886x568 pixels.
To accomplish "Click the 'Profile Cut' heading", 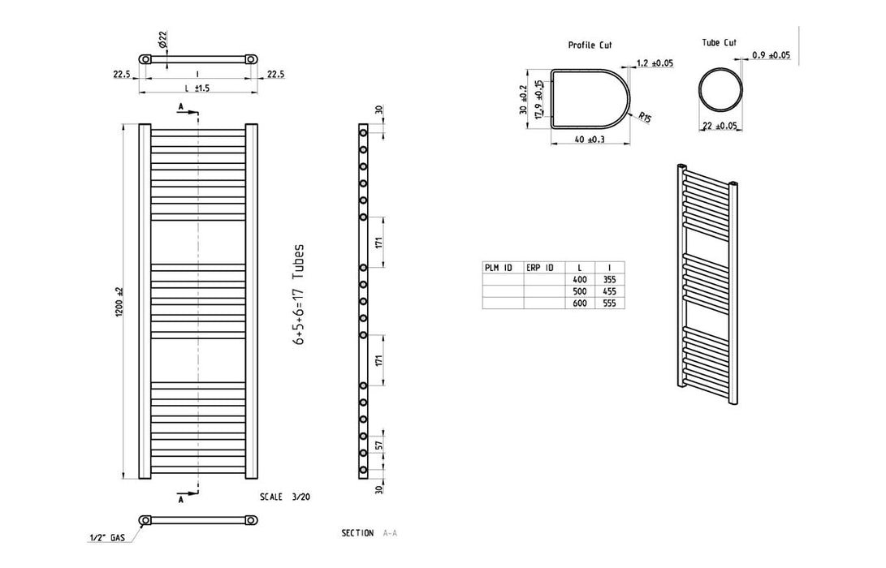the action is [590, 45].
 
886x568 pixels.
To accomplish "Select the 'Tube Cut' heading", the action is [719, 42].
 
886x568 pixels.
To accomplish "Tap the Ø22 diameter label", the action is [162, 39].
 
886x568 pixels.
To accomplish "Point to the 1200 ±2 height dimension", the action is [119, 302].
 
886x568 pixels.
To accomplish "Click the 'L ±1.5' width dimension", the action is [197, 88].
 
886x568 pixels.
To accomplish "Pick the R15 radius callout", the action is [646, 118].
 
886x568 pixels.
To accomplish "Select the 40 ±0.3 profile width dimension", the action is [590, 139].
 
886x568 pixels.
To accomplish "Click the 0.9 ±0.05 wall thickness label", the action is [771, 55].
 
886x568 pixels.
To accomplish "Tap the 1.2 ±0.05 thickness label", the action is [655, 62].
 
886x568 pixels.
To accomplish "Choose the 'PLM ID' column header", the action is [498, 268].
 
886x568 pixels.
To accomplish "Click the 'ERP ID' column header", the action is [539, 268].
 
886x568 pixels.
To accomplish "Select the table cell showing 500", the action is [580, 291].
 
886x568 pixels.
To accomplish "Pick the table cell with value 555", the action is [609, 303].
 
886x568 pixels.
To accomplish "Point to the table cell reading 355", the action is [609, 279].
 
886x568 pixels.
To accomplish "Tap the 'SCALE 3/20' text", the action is [285, 497].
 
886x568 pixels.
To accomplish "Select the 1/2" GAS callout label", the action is [107, 538].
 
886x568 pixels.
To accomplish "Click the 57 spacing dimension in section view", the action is [379, 445].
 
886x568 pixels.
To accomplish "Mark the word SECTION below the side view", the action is [357, 532].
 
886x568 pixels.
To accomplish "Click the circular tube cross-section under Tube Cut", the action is [719, 89].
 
